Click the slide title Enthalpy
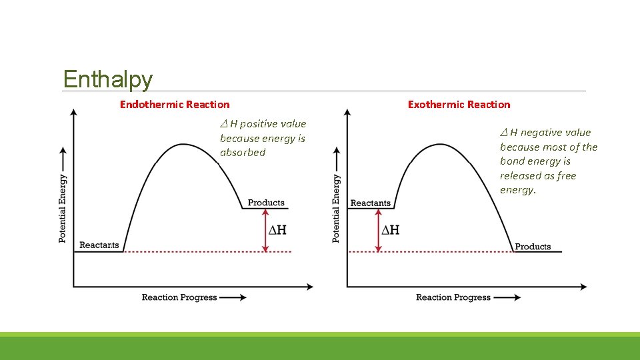tap(108, 79)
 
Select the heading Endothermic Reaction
tap(175, 104)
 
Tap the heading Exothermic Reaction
tap(459, 104)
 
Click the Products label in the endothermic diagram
tap(266, 203)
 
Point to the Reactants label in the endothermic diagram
tap(99, 245)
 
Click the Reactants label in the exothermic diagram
tap(370, 203)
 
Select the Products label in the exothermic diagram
tap(533, 247)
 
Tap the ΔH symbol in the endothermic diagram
tap(277, 230)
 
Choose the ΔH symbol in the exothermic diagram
tap(390, 230)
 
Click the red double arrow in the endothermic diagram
tap(265, 231)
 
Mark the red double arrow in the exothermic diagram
tap(379, 231)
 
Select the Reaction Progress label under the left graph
tap(179, 297)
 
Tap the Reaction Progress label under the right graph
tap(453, 297)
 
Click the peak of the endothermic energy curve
tap(182, 144)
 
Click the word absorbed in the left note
tap(243, 153)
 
